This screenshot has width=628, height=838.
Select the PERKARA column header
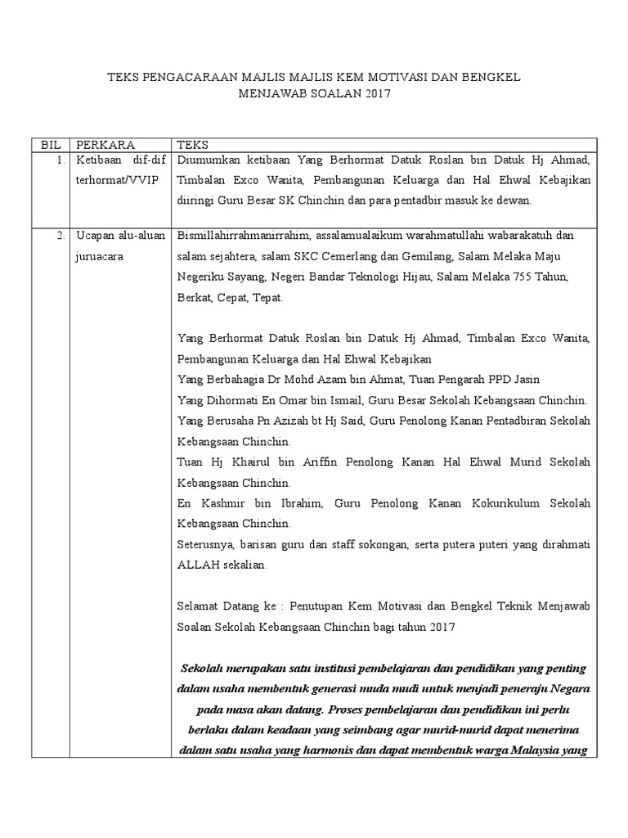[105, 144]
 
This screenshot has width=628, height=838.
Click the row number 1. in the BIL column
[61, 160]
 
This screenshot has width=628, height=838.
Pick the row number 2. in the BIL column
[61, 236]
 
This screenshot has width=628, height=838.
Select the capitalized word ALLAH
[197, 564]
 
